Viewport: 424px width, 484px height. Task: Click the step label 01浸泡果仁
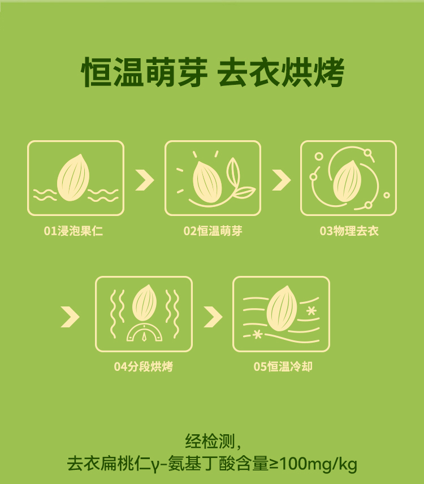coord(73,231)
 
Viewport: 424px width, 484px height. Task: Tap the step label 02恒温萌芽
coord(213,231)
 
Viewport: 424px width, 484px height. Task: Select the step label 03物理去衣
coord(349,231)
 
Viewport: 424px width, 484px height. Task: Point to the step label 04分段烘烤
coord(144,367)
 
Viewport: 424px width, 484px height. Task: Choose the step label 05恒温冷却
coord(283,367)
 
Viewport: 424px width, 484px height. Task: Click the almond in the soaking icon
coord(73,178)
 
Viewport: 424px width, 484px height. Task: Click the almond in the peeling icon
coord(347,181)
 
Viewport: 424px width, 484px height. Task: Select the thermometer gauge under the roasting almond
coord(144,333)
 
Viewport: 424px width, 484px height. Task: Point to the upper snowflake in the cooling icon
coord(311,310)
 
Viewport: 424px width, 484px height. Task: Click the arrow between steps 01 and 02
coord(145,180)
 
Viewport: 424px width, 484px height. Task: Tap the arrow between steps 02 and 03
coord(282,180)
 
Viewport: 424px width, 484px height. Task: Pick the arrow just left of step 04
coord(70,317)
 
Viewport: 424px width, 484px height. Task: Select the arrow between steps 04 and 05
coord(213,317)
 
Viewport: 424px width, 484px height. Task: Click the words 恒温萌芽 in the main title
coord(144,72)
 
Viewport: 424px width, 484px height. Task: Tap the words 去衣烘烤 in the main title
coord(281,72)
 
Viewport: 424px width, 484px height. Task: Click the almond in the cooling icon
coord(282,309)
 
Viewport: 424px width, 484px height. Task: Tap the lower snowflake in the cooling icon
coord(257,334)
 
